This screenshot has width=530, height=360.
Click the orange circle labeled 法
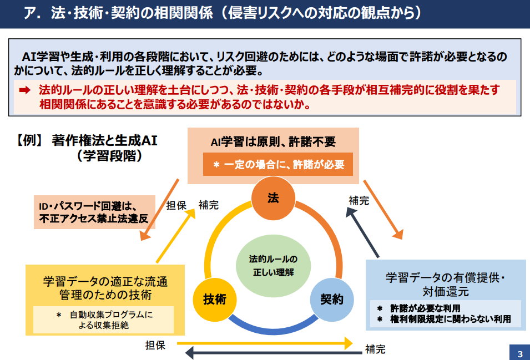tap(273, 198)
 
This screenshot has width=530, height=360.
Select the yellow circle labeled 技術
tap(215, 300)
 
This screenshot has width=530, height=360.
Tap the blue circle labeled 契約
tap(332, 300)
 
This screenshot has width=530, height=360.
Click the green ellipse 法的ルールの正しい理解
tap(273, 266)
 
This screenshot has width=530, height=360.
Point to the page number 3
tap(520, 353)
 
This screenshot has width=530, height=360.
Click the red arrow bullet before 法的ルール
tap(24, 90)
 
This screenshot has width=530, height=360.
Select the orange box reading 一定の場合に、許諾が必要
tap(278, 164)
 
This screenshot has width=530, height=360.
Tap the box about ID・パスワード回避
tap(94, 212)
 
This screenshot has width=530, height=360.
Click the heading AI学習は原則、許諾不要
tap(273, 142)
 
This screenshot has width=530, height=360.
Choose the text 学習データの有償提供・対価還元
tap(446, 285)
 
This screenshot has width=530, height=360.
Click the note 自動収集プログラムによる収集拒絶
tap(104, 320)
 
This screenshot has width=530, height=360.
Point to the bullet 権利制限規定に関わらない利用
tap(450, 319)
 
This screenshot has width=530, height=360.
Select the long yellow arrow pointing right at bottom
tap(265, 343)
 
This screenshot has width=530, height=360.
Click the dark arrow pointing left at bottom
tap(274, 353)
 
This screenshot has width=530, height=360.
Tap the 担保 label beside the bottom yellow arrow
tap(155, 345)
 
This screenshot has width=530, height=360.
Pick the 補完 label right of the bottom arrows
tap(375, 349)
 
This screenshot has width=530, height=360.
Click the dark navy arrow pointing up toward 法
tap(362, 232)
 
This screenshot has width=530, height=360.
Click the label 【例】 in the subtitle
tap(29, 140)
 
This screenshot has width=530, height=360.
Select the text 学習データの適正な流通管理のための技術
tap(105, 288)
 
